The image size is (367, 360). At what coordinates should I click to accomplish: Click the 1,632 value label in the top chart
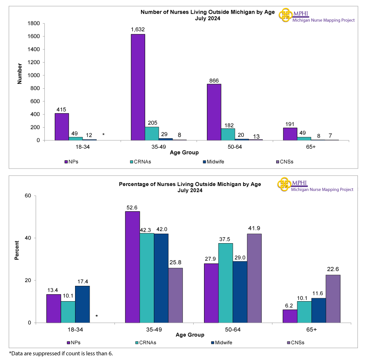click(138, 30)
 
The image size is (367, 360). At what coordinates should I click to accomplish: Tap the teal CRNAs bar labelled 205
click(152, 133)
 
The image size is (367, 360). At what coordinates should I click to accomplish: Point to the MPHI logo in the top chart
click(286, 15)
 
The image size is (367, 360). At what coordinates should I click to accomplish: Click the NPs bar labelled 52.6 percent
click(132, 267)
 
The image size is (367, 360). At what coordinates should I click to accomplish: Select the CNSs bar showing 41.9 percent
click(254, 278)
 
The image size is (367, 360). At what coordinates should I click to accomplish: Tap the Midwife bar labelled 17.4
click(82, 304)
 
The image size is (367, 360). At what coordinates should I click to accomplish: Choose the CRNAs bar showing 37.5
click(226, 283)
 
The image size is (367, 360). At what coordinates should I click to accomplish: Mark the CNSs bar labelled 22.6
click(333, 298)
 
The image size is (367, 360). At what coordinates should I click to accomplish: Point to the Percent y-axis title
click(17, 250)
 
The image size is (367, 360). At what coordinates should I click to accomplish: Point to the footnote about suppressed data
click(61, 353)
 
